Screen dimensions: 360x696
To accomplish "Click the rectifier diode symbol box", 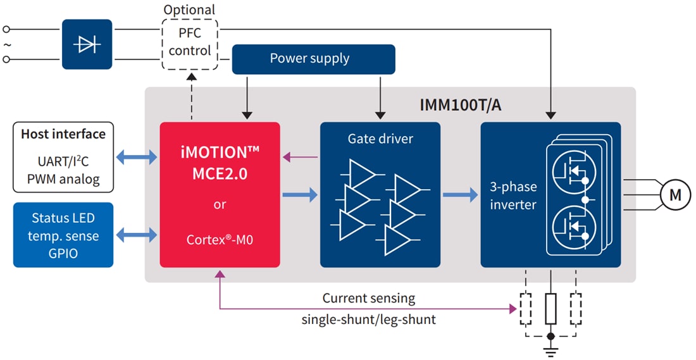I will (x=87, y=44).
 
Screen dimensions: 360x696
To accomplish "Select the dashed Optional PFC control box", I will (x=190, y=44).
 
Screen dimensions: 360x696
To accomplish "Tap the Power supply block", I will (x=313, y=59).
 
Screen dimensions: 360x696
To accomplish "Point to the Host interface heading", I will (x=63, y=134).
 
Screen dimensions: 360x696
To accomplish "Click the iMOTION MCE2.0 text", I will (x=219, y=163).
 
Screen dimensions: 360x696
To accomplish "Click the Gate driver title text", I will (x=379, y=138).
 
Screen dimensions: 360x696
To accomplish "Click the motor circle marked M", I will (x=675, y=196).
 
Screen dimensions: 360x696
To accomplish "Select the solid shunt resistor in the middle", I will (x=550, y=309).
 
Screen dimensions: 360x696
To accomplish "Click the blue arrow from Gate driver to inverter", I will (x=459, y=196).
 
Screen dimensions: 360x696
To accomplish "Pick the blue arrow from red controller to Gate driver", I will (x=299, y=196).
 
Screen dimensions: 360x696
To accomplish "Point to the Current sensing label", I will (x=368, y=298).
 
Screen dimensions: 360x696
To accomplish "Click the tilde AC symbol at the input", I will (x=8, y=44).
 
